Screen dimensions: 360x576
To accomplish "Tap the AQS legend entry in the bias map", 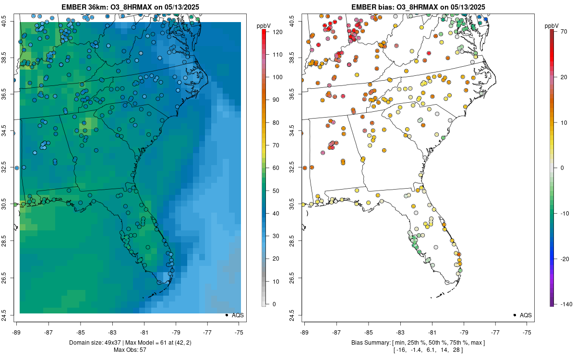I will coord(526,315).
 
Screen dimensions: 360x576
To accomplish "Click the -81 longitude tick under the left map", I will coord(144,332).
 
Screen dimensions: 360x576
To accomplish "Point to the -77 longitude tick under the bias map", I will coord(495,332).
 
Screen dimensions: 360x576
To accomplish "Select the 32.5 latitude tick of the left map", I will coord(10,168).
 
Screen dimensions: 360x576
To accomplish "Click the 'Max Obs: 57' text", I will coord(130,349).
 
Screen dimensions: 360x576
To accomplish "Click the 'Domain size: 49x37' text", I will coord(89,343).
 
